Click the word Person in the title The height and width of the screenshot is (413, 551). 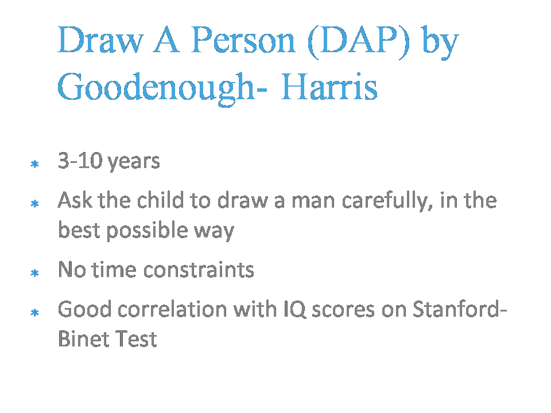pos(243,40)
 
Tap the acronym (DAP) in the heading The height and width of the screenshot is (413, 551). pos(359,42)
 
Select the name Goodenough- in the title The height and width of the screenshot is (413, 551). pos(162,88)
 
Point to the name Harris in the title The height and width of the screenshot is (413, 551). pos(329,87)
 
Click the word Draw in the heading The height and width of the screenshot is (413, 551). pos(100,40)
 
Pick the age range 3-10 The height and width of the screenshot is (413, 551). pos(80,161)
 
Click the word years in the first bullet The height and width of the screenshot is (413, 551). pos(133,163)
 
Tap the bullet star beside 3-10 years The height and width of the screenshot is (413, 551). pos(34,164)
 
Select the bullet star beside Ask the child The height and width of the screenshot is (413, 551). pos(34,203)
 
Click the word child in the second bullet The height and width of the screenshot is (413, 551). pos(160,200)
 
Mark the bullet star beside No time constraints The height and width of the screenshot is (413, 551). pos(34,273)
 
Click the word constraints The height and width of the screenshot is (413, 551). pos(199,270)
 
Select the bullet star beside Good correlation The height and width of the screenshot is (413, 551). pos(34,312)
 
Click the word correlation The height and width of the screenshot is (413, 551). pos(173,309)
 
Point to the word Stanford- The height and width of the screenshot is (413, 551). pos(460,309)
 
